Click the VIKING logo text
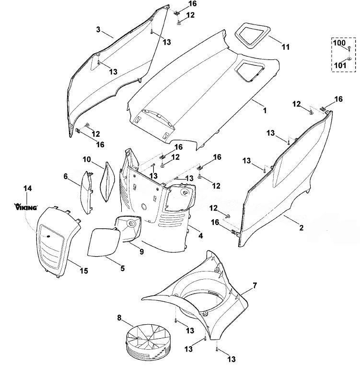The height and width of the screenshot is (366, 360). (26, 207)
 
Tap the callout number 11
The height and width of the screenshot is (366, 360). (286, 47)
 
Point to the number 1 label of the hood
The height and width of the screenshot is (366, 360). (265, 110)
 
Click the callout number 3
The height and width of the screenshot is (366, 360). (98, 30)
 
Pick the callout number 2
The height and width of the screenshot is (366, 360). (301, 227)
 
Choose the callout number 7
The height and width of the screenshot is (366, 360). (255, 285)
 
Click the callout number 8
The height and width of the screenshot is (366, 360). (119, 318)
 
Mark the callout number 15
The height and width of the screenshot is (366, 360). (84, 271)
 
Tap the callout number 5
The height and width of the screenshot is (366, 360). (123, 268)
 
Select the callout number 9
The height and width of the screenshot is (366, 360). (141, 252)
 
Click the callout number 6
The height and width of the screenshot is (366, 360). (66, 177)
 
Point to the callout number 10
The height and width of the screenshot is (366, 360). (87, 160)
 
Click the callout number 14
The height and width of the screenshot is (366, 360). (27, 188)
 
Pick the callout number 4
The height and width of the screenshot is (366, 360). (200, 236)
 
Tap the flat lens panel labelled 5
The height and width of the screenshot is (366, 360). (104, 242)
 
